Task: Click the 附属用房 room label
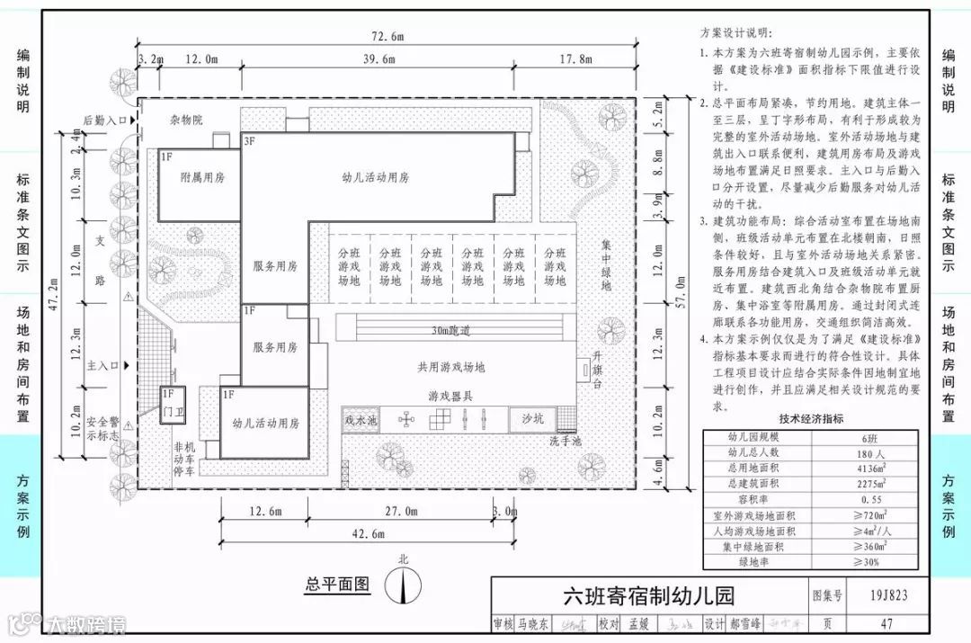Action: tap(202, 177)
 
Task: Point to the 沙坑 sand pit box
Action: tap(532, 418)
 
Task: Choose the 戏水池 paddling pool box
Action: tap(361, 419)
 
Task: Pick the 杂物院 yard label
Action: tap(186, 120)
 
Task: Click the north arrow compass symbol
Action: tap(404, 586)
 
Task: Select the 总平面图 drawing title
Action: tap(337, 585)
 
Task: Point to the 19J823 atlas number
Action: tap(889, 594)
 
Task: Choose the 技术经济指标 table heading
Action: tap(811, 418)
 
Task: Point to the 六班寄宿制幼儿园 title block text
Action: tap(648, 595)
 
